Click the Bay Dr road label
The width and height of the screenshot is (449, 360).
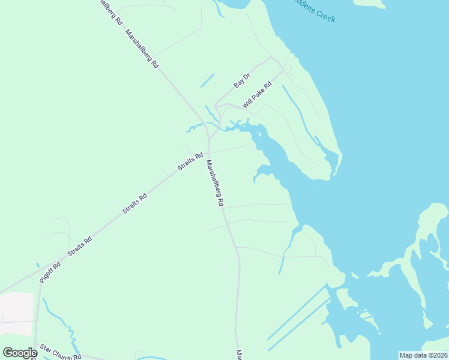click(x=242, y=80)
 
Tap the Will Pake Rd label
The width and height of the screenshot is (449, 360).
click(x=257, y=95)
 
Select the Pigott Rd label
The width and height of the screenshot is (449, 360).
click(x=50, y=272)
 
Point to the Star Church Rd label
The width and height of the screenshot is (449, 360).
click(x=60, y=352)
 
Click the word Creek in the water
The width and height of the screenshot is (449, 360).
click(x=325, y=14)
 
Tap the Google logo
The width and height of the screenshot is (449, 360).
click(x=20, y=353)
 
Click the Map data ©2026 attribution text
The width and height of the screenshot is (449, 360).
click(x=423, y=355)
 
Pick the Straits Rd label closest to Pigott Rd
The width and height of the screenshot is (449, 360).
click(x=80, y=247)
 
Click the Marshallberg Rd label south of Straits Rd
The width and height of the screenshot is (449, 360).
click(x=214, y=183)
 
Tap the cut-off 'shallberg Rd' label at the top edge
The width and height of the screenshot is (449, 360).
click(x=110, y=11)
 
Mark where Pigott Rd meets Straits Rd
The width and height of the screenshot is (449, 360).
click(x=41, y=280)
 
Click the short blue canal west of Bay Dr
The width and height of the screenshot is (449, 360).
click(x=207, y=79)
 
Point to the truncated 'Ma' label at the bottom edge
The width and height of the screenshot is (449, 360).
click(x=238, y=355)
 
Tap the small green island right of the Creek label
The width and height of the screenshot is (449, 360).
click(x=369, y=3)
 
